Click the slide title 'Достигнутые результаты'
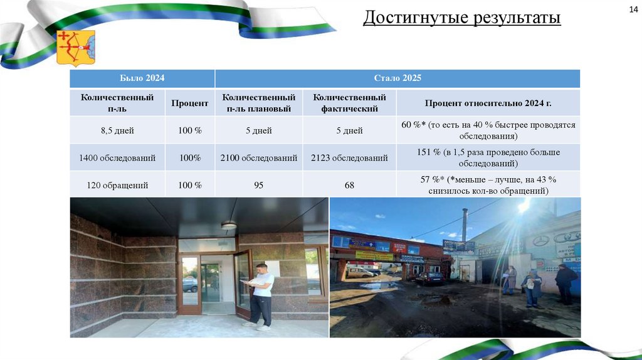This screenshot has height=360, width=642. point(461,18)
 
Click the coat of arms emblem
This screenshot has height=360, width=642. point(76,48)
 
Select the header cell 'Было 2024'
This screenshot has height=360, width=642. point(142,78)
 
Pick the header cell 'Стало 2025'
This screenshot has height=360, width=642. point(397,78)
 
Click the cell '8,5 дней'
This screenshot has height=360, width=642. point(117,131)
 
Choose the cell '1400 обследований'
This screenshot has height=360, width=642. point(117,158)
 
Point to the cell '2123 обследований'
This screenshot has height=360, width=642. point(349,158)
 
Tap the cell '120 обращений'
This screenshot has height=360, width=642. point(117,185)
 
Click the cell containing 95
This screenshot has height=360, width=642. point(259,185)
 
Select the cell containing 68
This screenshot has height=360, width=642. point(349,185)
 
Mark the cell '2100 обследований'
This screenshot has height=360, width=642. point(259,158)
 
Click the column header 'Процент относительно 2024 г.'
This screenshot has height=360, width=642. point(488,103)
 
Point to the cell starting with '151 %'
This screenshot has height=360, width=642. point(488,158)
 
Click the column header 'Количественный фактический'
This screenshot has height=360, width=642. point(349,103)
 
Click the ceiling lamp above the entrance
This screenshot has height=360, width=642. point(229,225)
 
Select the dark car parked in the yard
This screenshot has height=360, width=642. point(430,278)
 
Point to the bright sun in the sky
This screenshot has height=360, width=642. point(524,206)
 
